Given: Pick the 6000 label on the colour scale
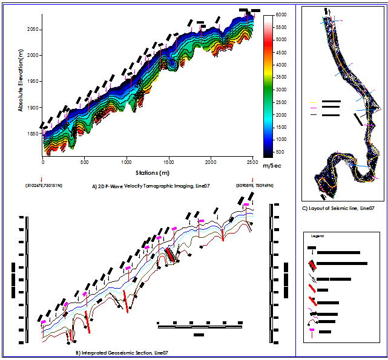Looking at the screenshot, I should click(x=280, y=13).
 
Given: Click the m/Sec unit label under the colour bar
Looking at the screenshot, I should click(x=269, y=165).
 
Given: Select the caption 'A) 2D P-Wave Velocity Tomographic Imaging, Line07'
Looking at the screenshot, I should click(x=151, y=186).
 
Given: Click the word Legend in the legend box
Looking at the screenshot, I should click(x=318, y=235).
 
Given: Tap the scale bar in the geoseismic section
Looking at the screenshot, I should click(x=200, y=327).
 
